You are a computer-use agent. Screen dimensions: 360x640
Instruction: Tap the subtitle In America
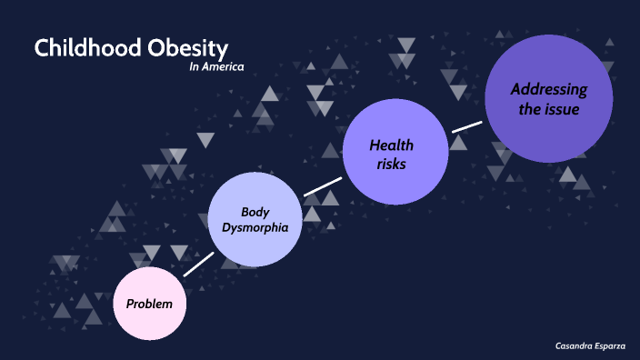[x=216, y=66]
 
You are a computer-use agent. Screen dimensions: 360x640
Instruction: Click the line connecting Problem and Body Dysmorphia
[x=198, y=264]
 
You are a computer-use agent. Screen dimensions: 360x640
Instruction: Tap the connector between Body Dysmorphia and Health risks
[x=322, y=180]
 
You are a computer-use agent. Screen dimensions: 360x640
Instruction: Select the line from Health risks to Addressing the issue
[x=467, y=125]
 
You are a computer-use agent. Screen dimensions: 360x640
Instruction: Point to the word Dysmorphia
[x=255, y=227]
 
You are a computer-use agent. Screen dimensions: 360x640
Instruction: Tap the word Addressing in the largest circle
[x=548, y=89]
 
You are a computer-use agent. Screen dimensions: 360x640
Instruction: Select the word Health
[x=392, y=145]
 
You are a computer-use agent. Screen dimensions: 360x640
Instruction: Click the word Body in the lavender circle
[x=255, y=211]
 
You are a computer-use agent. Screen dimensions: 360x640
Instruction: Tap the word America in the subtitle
[x=225, y=66]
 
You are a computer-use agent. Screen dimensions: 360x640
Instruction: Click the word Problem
[x=150, y=303]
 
